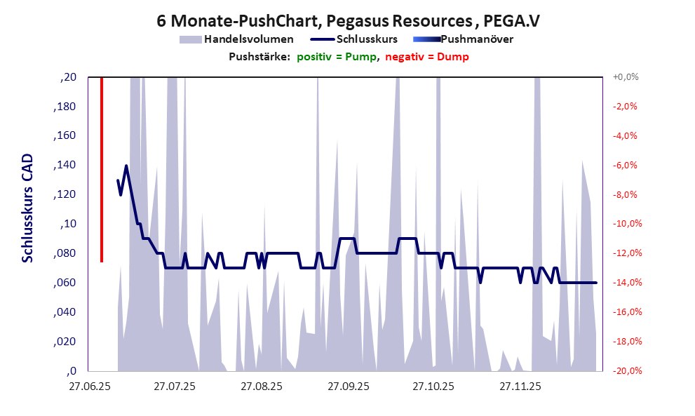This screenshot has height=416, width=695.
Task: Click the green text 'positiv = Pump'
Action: click(338, 57)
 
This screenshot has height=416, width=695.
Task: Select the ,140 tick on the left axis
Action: click(66, 166)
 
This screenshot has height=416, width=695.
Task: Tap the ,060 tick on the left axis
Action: click(66, 283)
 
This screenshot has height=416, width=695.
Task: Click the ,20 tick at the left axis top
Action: click(69, 77)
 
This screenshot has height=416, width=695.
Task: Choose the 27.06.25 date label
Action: click(89, 387)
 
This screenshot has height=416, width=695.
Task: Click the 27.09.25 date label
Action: click(349, 387)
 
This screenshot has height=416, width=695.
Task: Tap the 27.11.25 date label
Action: click(520, 387)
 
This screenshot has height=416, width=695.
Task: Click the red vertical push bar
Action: click(102, 168)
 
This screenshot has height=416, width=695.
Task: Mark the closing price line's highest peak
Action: click(126, 166)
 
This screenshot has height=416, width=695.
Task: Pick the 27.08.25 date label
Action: click(262, 387)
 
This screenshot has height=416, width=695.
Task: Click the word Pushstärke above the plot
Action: click(259, 57)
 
